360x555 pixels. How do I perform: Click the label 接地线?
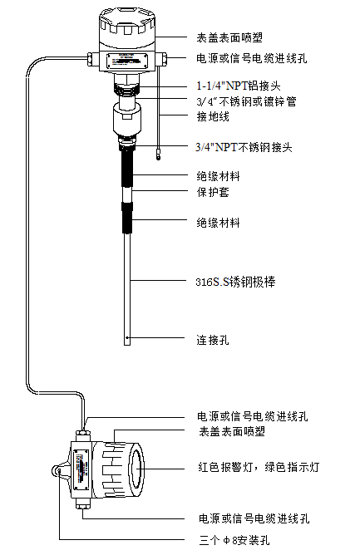(213, 116)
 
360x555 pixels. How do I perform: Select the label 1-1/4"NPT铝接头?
(239, 86)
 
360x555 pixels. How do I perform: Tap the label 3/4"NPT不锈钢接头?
(244, 147)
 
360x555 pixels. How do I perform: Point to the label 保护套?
(213, 192)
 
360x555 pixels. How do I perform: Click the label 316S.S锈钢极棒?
(235, 282)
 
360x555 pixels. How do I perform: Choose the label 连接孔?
(213, 340)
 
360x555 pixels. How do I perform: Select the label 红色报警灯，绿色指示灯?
(259, 467)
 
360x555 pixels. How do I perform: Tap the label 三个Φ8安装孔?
(234, 541)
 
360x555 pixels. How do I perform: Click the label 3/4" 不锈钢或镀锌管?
(247, 101)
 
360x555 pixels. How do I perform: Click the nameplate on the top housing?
(127, 60)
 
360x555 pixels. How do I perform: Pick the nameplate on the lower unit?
(81, 469)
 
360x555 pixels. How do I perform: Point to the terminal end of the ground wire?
(159, 155)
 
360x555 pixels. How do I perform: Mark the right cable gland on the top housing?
(163, 59)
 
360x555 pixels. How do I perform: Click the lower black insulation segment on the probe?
(127, 218)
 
